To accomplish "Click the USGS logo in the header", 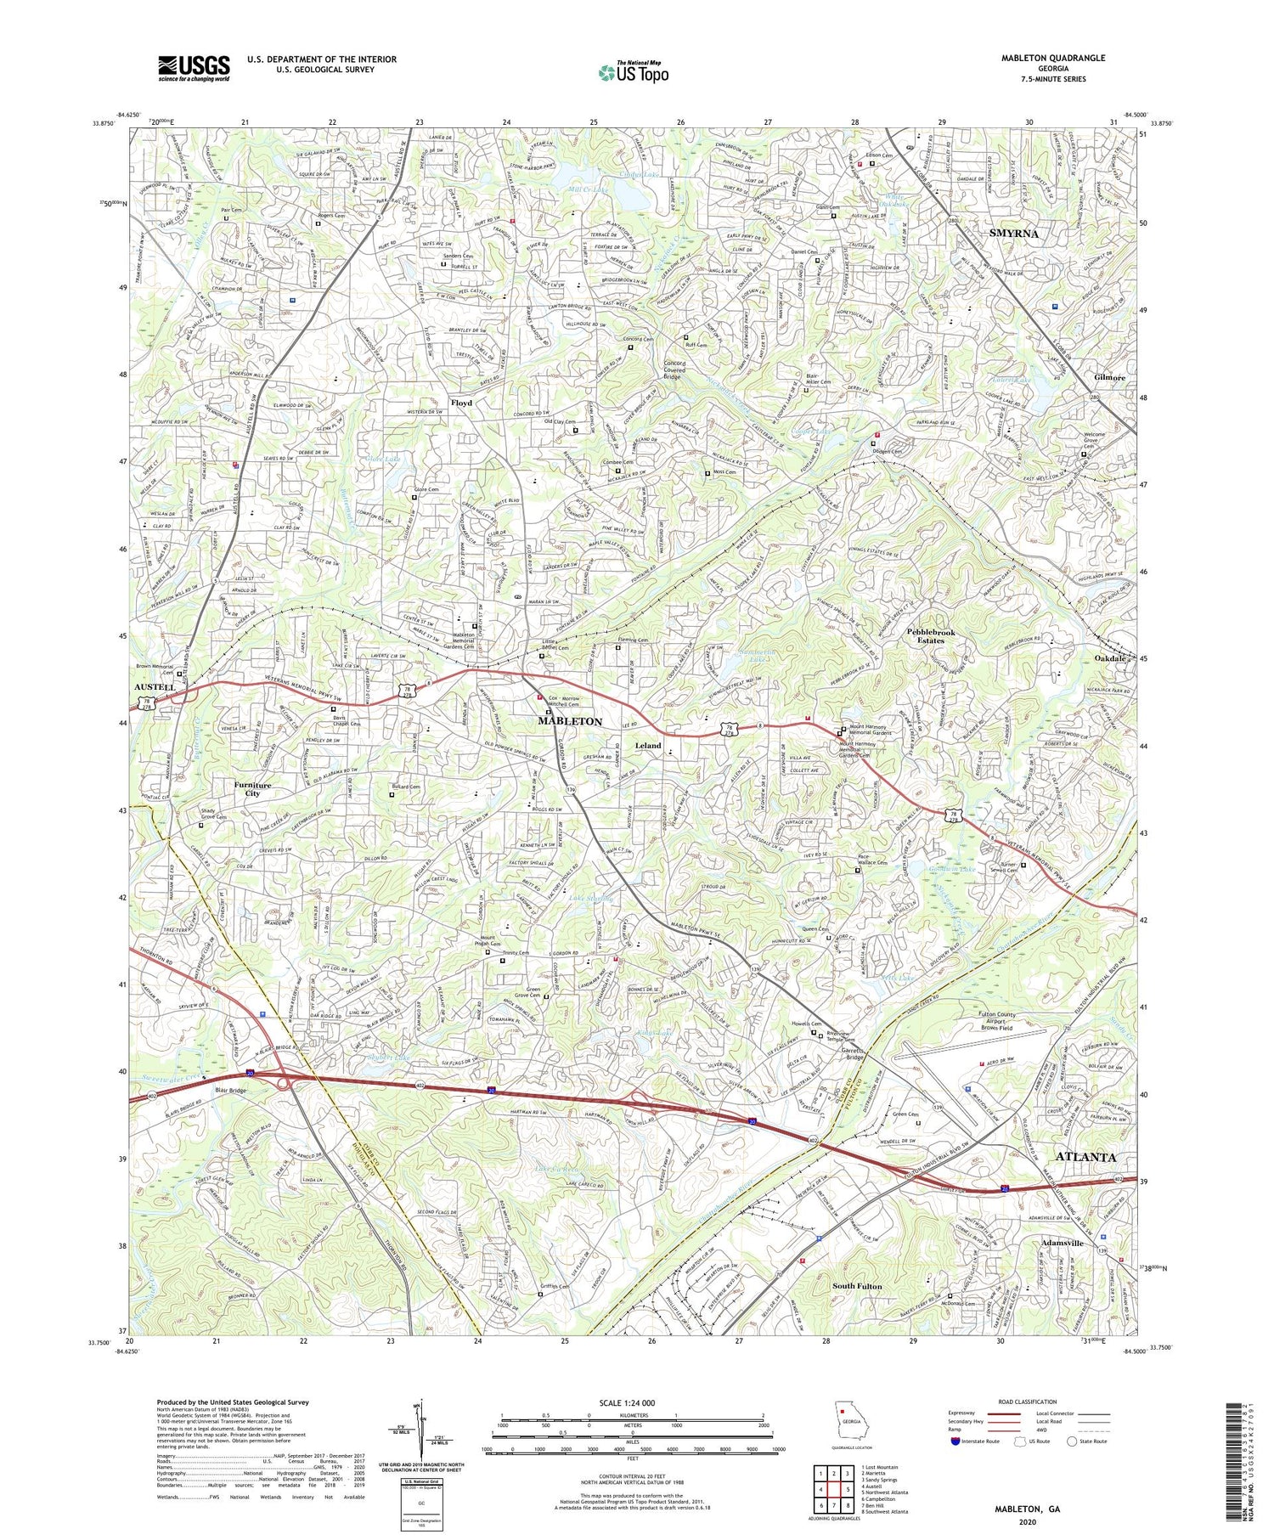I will pos(193,68).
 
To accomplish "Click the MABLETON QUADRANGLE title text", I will pos(1044,58).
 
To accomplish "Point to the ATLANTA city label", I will pos(1085,1158).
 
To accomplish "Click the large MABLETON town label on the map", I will pos(570,721).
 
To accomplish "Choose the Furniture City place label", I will pos(253,790).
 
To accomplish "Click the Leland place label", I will pos(648,745).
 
